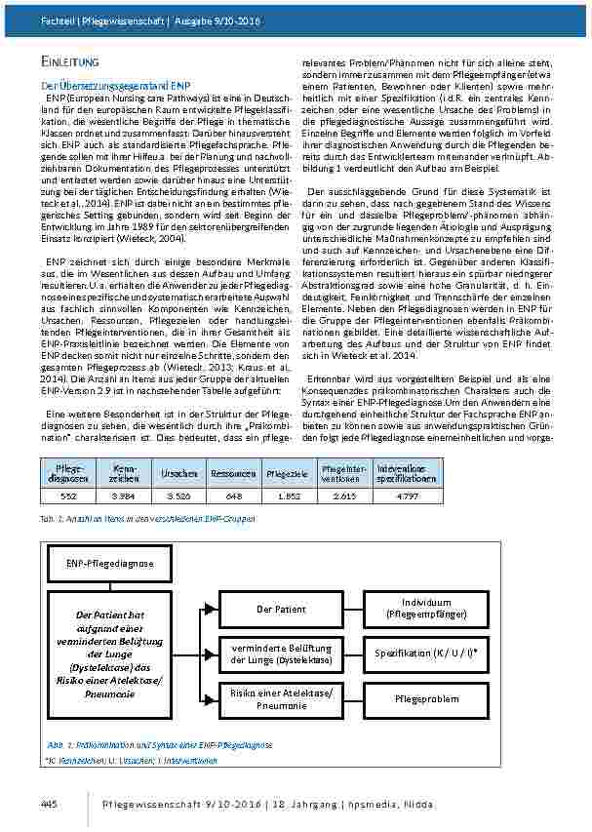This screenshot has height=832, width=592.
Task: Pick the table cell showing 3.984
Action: pos(119,495)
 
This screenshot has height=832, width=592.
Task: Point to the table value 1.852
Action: pos(288,495)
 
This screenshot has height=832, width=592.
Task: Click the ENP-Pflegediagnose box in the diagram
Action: pos(97,564)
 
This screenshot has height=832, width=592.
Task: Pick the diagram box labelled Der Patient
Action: pos(282,609)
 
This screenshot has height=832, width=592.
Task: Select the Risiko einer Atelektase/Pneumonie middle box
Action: pos(282,698)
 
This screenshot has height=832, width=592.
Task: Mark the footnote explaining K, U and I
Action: pos(128,758)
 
